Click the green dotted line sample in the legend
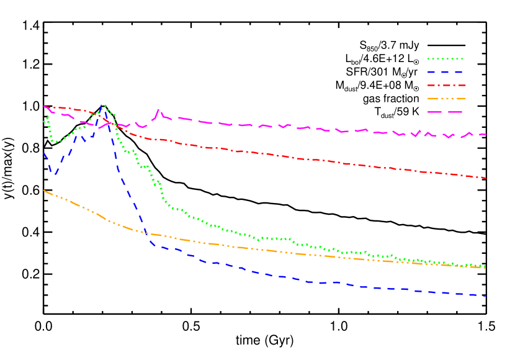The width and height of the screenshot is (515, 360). pyautogui.click(x=445, y=59)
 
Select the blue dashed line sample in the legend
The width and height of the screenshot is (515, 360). pyautogui.click(x=445, y=72)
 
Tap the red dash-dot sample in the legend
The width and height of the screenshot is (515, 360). pyautogui.click(x=446, y=85)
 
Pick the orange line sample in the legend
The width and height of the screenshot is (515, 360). pyautogui.click(x=446, y=98)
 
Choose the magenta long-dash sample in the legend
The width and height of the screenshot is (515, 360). pyautogui.click(x=445, y=112)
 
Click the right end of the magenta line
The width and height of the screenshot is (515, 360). pyautogui.click(x=486, y=134)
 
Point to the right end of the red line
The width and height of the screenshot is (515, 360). pyautogui.click(x=486, y=178)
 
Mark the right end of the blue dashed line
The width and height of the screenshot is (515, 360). pyautogui.click(x=486, y=295)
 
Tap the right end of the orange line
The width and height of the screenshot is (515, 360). pyautogui.click(x=486, y=268)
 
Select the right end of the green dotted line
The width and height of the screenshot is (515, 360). pyautogui.click(x=486, y=266)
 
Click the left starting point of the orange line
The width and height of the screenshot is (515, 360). pyautogui.click(x=44, y=191)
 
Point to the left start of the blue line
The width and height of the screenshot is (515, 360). pyautogui.click(x=44, y=153)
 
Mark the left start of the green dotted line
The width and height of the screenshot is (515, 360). pyautogui.click(x=44, y=122)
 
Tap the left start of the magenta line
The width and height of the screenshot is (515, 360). pyautogui.click(x=44, y=106)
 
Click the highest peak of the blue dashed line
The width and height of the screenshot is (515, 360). pyautogui.click(x=102, y=106)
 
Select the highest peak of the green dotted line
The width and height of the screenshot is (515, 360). pyautogui.click(x=105, y=106)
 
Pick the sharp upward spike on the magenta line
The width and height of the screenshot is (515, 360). pyautogui.click(x=158, y=110)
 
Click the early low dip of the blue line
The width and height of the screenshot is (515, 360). pyautogui.click(x=55, y=174)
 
